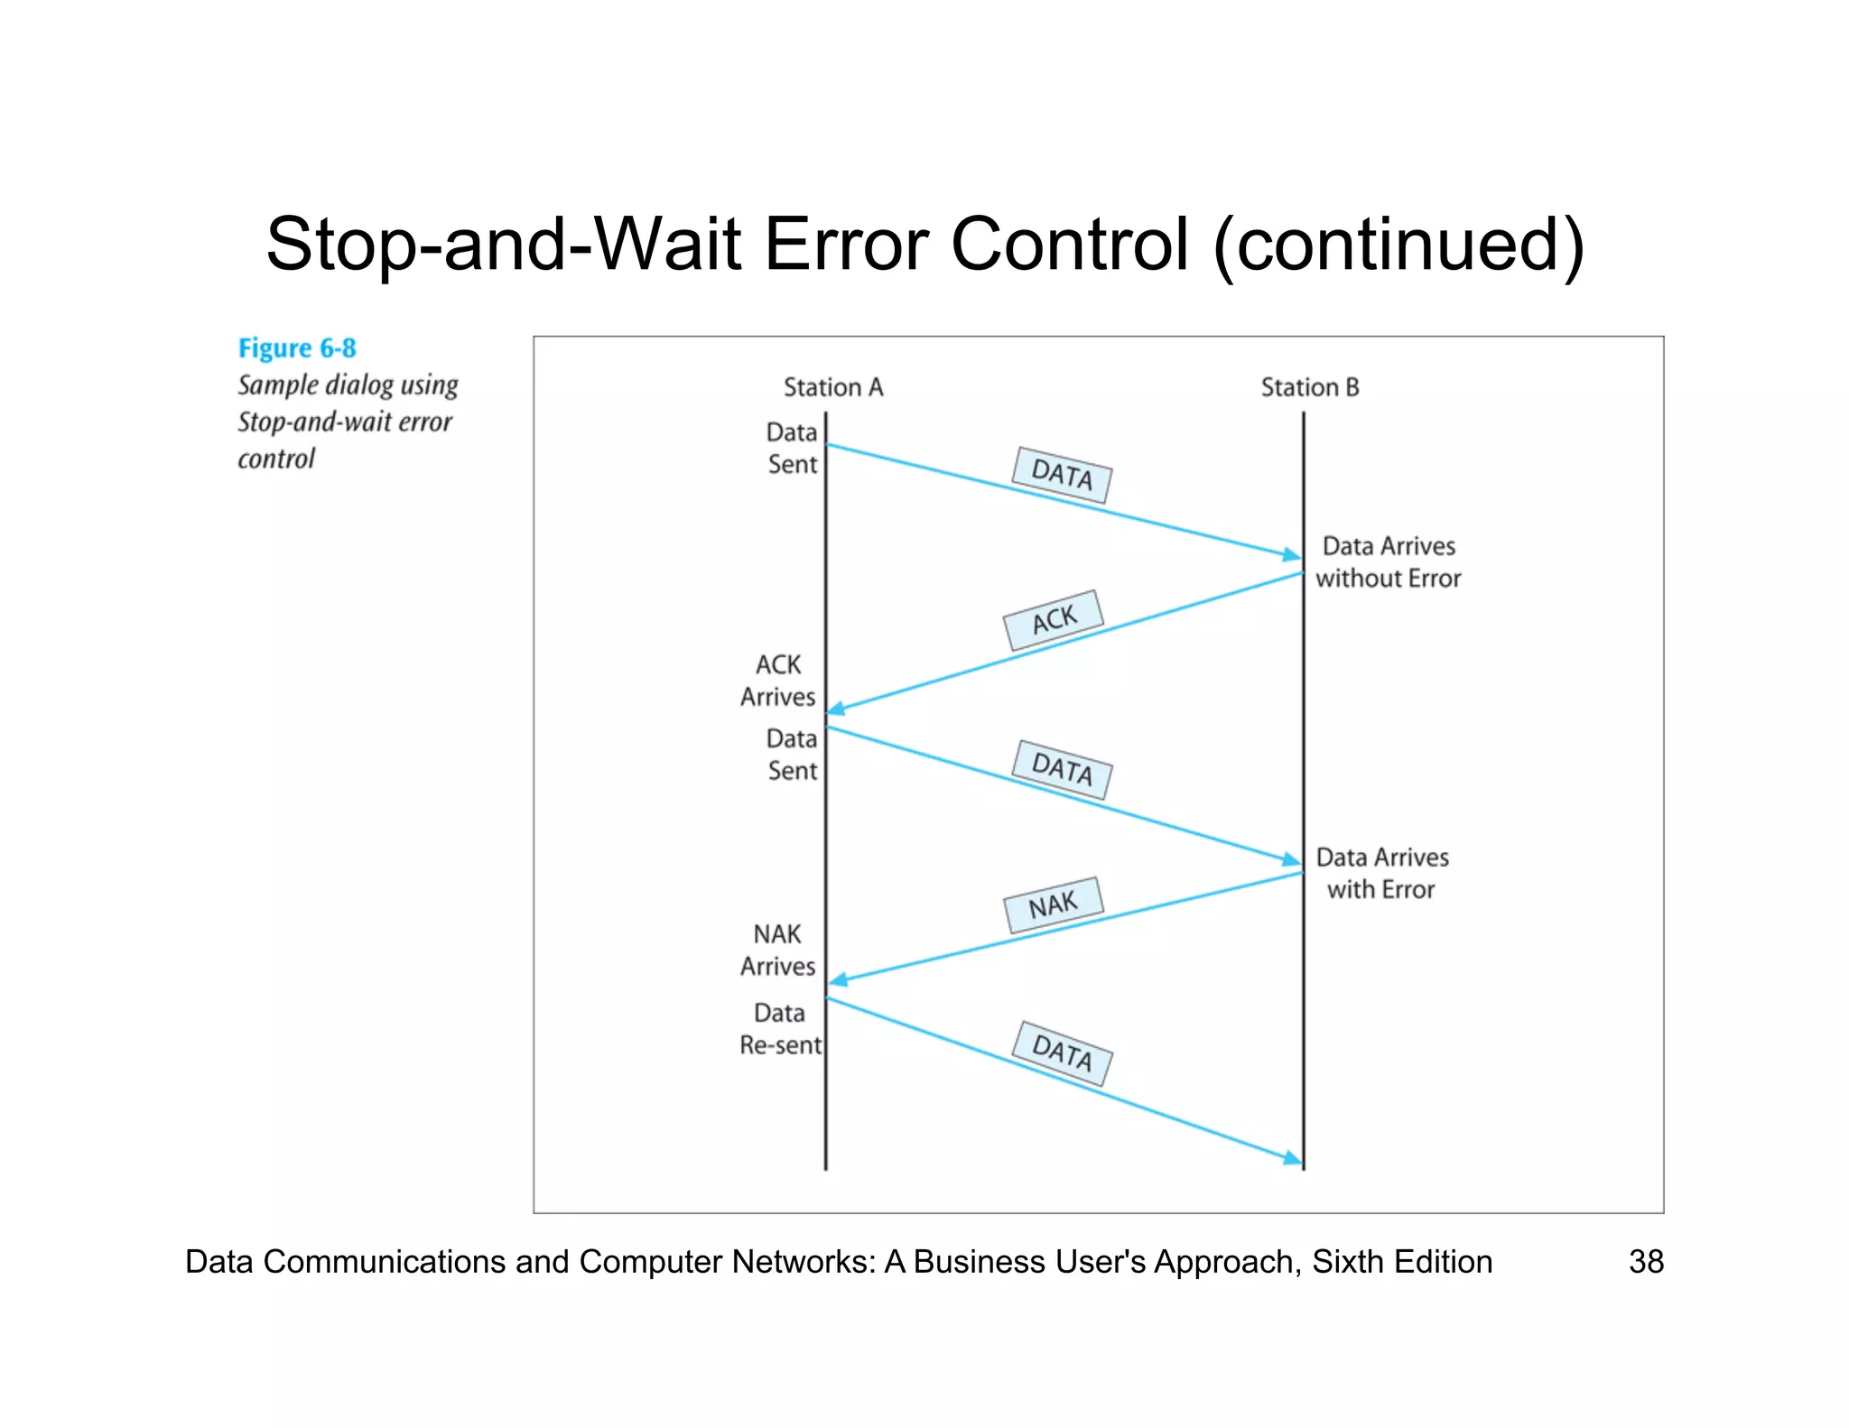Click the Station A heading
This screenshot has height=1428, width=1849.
(832, 387)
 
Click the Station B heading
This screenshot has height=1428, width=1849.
(1309, 387)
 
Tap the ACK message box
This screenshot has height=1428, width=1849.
(1054, 620)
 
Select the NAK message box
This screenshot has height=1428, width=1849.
(1053, 904)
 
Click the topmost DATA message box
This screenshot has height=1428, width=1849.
(1062, 475)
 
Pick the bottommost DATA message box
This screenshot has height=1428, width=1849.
(1062, 1053)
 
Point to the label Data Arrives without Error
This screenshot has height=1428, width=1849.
(1388, 561)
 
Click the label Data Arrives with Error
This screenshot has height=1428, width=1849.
(1381, 873)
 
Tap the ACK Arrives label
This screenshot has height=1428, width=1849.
(777, 681)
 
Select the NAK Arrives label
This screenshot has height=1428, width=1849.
(777, 950)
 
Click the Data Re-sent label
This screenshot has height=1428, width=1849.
(780, 1029)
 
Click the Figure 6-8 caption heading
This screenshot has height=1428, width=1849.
(297, 348)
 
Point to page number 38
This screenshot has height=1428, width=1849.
(1645, 1261)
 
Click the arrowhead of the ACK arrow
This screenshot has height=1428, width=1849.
(835, 709)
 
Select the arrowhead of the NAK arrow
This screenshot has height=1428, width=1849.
(837, 979)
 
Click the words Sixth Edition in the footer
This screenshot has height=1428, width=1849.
(1401, 1261)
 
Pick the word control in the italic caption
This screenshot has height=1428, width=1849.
(276, 459)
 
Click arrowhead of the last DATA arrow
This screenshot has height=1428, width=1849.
(1294, 1158)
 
